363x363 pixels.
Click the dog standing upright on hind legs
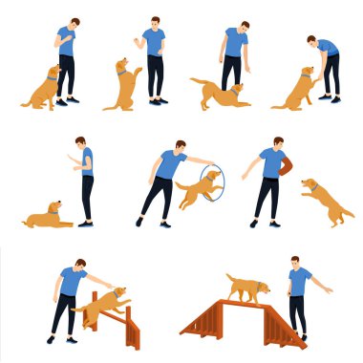pyautogui.click(x=123, y=84)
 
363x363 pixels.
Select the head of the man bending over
pyautogui.click(x=313, y=41)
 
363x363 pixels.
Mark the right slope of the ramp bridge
pyautogui.click(x=284, y=320)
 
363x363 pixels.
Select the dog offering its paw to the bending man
pyautogui.click(x=295, y=89)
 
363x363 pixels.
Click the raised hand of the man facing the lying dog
pyautogui.click(x=71, y=157)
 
